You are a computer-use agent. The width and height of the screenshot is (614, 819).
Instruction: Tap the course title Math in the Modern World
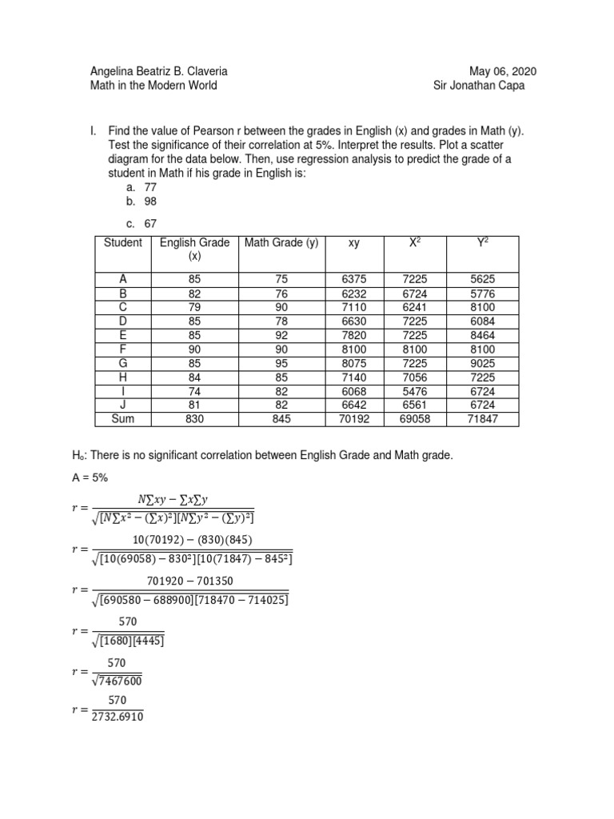click(153, 86)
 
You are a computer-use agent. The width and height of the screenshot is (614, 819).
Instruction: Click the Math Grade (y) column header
click(281, 242)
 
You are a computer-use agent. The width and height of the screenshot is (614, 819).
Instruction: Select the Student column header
click(122, 242)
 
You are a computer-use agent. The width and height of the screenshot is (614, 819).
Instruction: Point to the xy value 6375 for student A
click(353, 278)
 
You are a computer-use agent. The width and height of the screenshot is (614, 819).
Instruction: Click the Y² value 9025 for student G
click(483, 363)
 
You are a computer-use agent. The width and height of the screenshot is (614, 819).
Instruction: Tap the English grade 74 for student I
click(195, 391)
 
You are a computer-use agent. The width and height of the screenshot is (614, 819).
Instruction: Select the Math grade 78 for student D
click(281, 321)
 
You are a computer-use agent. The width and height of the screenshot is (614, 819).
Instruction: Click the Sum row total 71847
click(483, 419)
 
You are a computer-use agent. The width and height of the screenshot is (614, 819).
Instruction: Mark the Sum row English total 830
click(195, 419)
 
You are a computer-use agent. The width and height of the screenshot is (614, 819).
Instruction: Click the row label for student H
click(122, 377)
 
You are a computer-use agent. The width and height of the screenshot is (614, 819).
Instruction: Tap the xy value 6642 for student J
click(353, 406)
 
